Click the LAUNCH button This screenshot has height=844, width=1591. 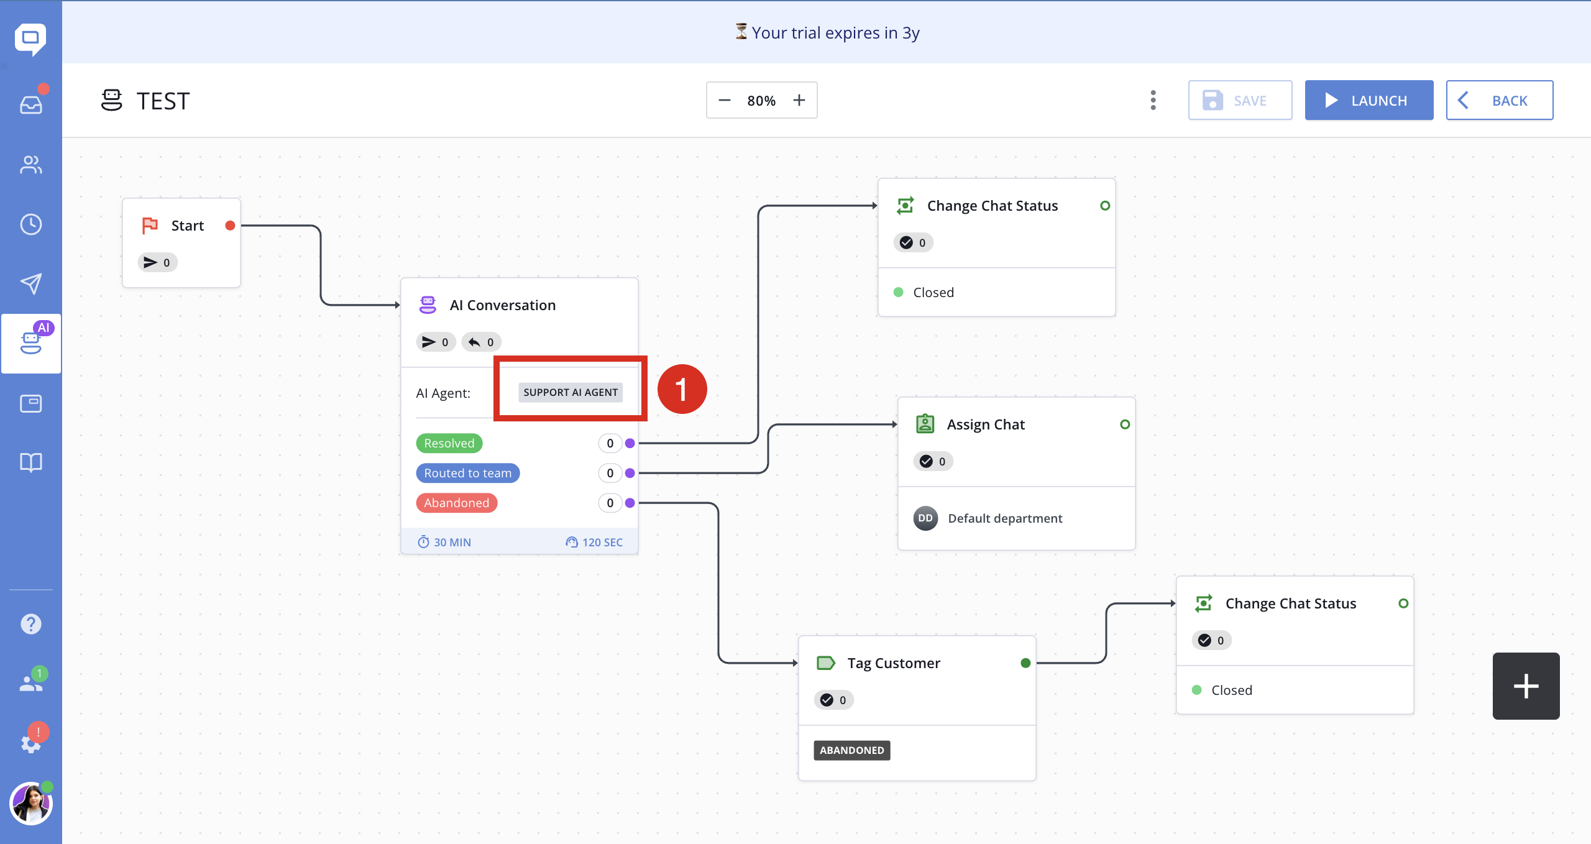click(x=1369, y=100)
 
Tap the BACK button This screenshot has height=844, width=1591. click(x=1499, y=100)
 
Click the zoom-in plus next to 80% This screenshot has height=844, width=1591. click(x=799, y=100)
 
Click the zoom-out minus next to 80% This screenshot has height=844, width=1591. click(x=725, y=100)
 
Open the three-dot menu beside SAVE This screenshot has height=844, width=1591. click(x=1153, y=100)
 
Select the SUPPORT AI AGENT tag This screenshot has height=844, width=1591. click(x=571, y=392)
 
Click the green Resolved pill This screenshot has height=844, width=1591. click(x=449, y=443)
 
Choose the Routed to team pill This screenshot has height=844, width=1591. click(x=468, y=473)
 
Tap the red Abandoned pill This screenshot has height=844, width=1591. click(x=457, y=503)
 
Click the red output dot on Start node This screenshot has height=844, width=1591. click(x=230, y=226)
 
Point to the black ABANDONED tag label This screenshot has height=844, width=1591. click(x=852, y=750)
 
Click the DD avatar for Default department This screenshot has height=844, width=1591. click(x=925, y=518)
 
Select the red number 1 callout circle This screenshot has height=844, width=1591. click(x=682, y=389)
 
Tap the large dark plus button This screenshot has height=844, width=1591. click(x=1526, y=686)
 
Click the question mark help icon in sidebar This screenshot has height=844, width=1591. click(x=31, y=623)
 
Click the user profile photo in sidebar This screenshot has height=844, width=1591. click(x=31, y=804)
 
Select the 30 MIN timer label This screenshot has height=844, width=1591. click(x=444, y=542)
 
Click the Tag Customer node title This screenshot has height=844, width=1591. click(x=894, y=663)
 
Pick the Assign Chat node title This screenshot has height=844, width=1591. click(x=986, y=424)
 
